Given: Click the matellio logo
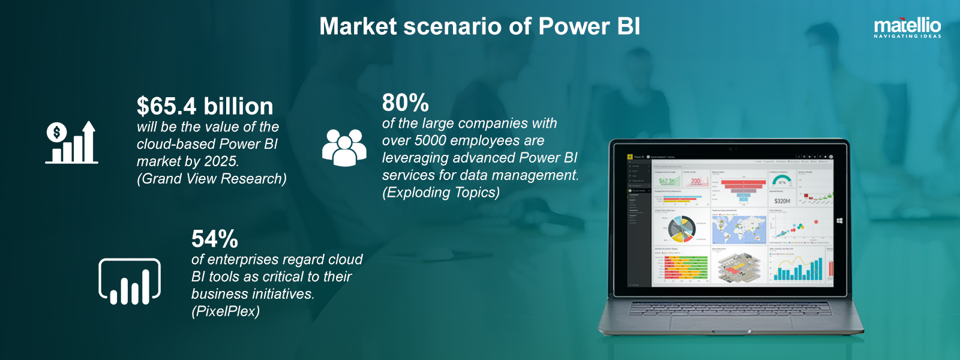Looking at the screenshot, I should [x=907, y=28].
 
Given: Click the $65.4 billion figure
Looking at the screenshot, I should [x=205, y=106].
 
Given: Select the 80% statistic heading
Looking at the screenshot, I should [x=405, y=103].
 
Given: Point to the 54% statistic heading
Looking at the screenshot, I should [x=214, y=239].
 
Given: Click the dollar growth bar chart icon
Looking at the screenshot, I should [x=71, y=143].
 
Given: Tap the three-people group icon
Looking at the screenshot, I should [x=344, y=147].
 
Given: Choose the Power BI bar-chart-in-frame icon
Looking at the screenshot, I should [x=130, y=281].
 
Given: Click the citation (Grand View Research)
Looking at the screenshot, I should [x=211, y=179].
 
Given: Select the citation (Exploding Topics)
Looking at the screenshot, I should [x=440, y=193].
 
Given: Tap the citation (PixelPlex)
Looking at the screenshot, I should [x=225, y=311].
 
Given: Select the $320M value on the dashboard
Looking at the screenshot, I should [x=782, y=201].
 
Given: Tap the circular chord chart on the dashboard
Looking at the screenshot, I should [x=682, y=228].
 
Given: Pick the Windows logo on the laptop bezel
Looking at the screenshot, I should [x=839, y=221].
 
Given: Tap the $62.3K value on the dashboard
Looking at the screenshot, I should [x=667, y=181].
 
